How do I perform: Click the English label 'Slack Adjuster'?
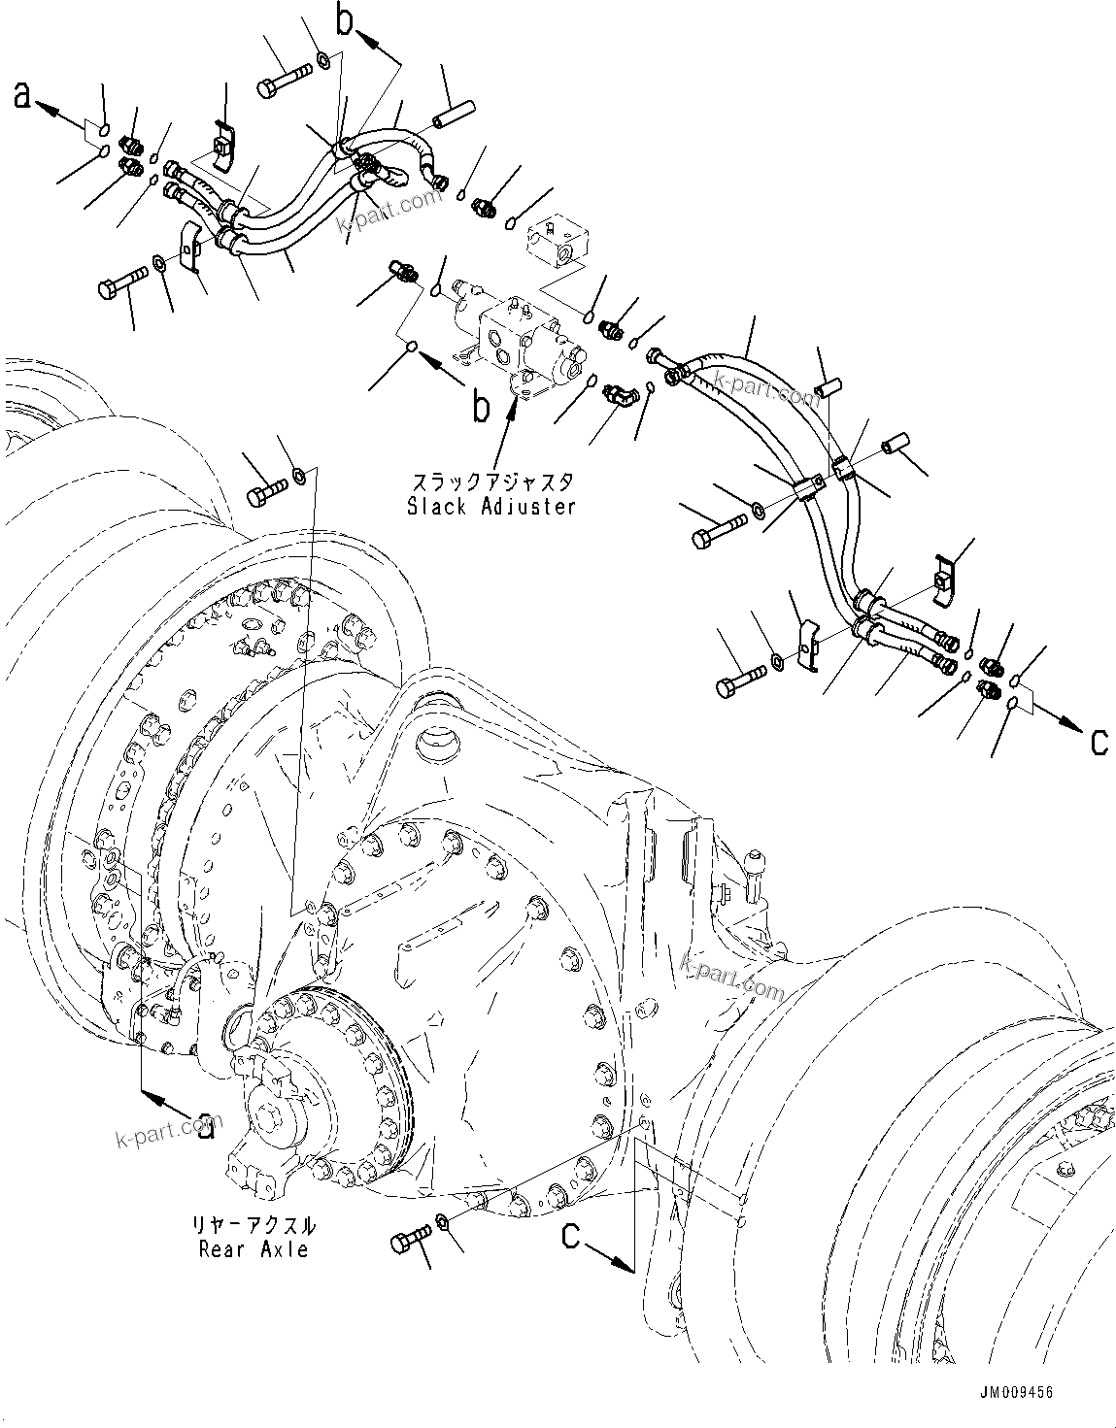pos(491,506)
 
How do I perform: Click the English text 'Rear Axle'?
pos(254,1248)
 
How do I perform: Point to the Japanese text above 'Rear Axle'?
pos(254,1226)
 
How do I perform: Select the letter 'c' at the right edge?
pos(1098,742)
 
